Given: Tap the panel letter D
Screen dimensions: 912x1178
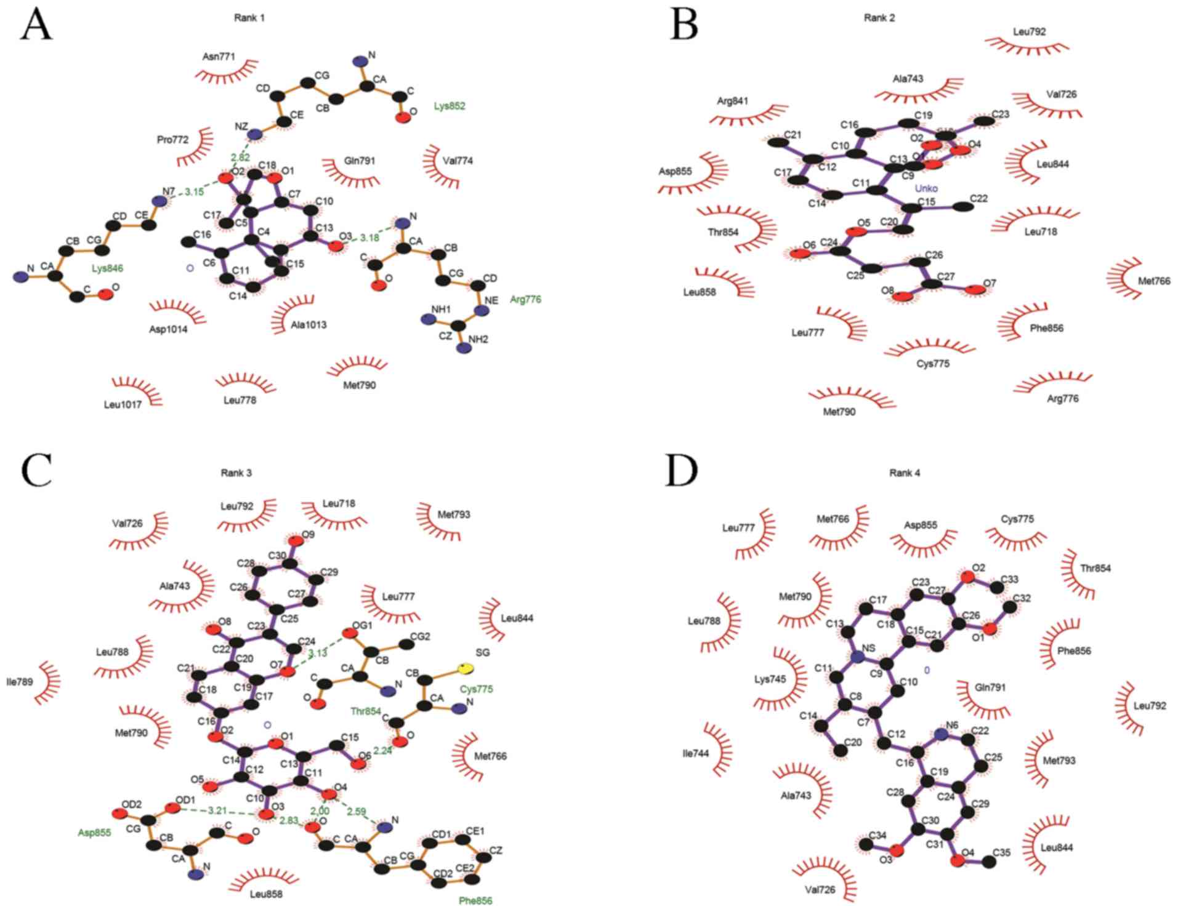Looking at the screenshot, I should pyautogui.click(x=682, y=471).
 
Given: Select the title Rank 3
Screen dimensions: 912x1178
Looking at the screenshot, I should pyautogui.click(x=236, y=473).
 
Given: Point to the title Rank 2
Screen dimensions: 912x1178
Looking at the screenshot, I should pyautogui.click(x=879, y=18).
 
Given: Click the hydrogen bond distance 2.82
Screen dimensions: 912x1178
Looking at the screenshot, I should pyautogui.click(x=240, y=157).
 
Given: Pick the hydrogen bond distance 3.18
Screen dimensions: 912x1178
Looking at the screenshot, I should pyautogui.click(x=369, y=238).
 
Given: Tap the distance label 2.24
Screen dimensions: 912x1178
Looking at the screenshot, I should pyautogui.click(x=382, y=751).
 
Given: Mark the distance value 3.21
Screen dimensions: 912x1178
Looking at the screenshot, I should pyautogui.click(x=216, y=811).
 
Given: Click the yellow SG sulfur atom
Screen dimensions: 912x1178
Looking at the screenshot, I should pyautogui.click(x=467, y=668).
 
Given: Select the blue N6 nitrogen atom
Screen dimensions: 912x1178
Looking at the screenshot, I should pyautogui.click(x=940, y=734).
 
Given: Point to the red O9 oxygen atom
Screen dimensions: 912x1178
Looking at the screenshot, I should pyautogui.click(x=296, y=541).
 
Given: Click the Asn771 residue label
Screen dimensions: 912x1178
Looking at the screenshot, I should pyautogui.click(x=219, y=57).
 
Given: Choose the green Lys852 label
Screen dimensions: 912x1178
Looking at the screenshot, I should pyautogui.click(x=450, y=106).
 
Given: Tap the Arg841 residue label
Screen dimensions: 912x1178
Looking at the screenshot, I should pyautogui.click(x=732, y=101).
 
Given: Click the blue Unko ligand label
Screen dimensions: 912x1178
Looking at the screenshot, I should pyautogui.click(x=926, y=188).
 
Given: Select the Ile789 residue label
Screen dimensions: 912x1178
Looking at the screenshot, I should pyautogui.click(x=20, y=682).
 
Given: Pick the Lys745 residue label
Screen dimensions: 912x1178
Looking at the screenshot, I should pyautogui.click(x=770, y=679).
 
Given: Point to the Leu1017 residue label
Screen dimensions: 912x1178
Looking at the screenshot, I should pyautogui.click(x=123, y=405).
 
